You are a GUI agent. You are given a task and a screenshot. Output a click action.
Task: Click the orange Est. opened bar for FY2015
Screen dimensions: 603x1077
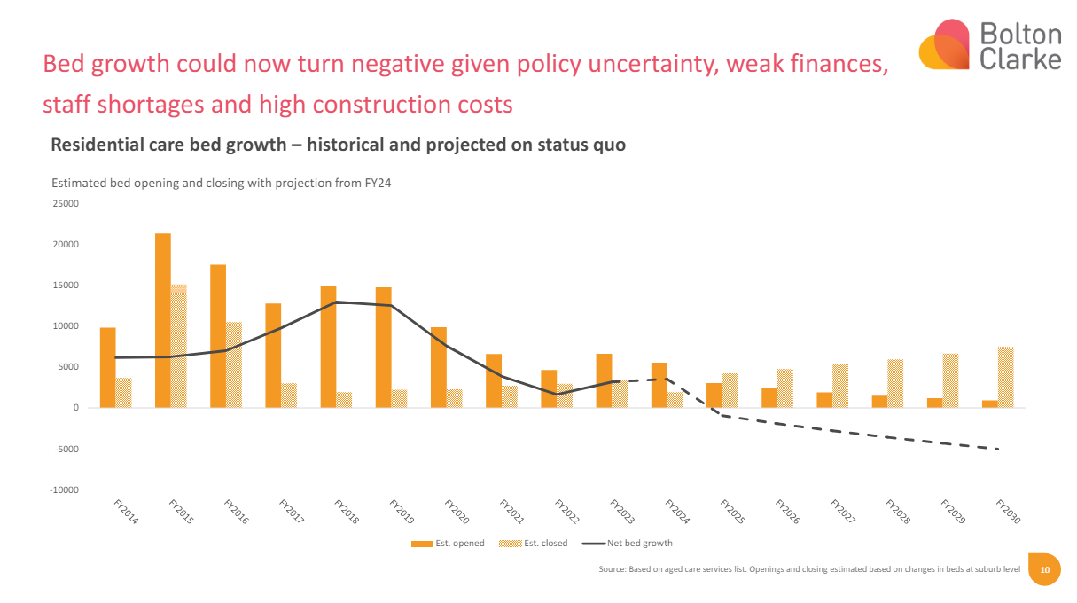(x=162, y=320)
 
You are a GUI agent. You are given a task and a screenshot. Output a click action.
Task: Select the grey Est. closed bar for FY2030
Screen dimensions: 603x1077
(x=1005, y=377)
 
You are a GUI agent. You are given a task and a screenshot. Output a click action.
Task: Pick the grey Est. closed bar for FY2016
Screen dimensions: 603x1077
(x=234, y=364)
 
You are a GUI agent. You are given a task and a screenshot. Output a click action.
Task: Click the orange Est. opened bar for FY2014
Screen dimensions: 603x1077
(x=107, y=367)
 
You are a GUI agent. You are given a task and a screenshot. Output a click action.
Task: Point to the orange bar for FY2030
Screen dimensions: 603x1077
(x=989, y=403)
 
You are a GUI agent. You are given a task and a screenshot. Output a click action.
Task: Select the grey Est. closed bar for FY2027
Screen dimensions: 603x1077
(x=840, y=386)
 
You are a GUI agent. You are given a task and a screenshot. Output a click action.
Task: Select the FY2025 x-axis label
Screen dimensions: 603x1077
(x=734, y=513)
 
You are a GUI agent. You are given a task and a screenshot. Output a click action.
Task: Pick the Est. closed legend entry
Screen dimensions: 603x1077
(x=543, y=544)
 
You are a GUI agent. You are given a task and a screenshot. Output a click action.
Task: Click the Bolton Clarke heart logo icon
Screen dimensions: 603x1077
(x=943, y=45)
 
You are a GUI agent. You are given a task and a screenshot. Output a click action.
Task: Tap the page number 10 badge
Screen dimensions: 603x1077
(x=1044, y=570)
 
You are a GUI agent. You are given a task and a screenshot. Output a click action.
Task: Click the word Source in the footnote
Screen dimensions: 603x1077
(x=613, y=570)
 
